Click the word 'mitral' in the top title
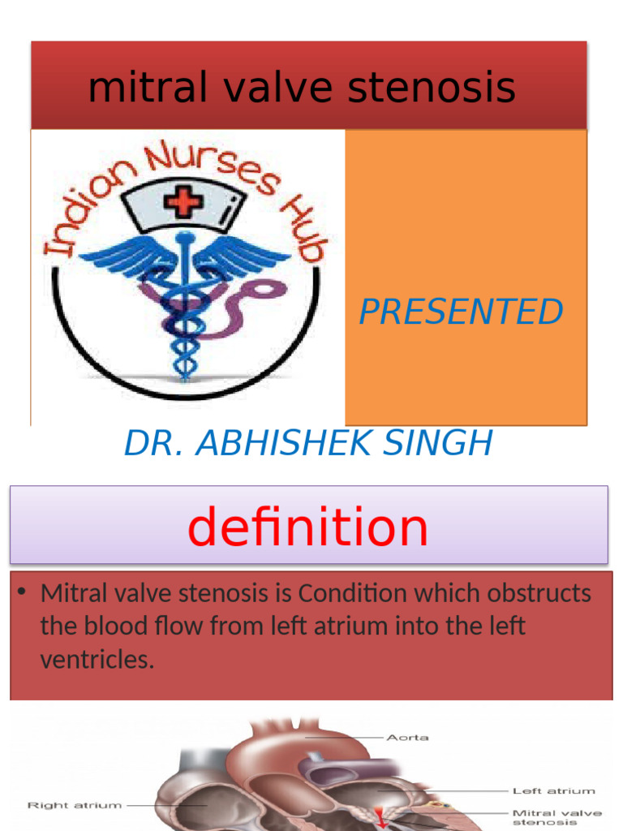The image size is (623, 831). click(x=131, y=88)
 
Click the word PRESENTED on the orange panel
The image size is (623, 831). click(x=461, y=312)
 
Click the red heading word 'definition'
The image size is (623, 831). click(x=307, y=527)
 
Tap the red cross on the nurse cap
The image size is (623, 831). click(x=183, y=200)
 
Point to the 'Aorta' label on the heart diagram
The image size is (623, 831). click(x=408, y=738)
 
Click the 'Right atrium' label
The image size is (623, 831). click(x=75, y=805)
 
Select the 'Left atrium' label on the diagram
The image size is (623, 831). click(x=553, y=790)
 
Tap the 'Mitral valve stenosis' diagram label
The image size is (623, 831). click(x=556, y=816)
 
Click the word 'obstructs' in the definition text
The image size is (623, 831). click(x=539, y=593)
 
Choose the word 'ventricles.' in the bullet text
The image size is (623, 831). click(x=97, y=660)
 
